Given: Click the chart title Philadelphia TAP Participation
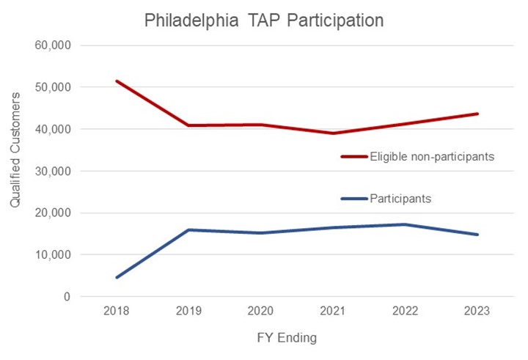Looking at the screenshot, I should (264, 20).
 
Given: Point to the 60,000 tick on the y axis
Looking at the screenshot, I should (52, 45).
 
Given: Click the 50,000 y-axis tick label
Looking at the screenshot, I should (52, 87).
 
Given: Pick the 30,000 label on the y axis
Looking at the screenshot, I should (52, 171).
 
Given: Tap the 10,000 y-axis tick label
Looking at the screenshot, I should (52, 255).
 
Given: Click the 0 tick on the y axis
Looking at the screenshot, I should (65, 297).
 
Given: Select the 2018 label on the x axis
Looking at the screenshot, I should (117, 311).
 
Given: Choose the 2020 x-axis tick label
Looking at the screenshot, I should (261, 311).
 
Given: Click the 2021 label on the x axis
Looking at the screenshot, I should (333, 311).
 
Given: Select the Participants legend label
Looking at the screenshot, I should (400, 199).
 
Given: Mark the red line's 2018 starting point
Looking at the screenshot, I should (117, 81).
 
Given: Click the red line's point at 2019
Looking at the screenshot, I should (188, 125).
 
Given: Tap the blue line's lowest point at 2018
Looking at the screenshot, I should (117, 277).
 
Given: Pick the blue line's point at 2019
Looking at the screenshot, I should (188, 229).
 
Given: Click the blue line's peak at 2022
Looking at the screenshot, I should (405, 224).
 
